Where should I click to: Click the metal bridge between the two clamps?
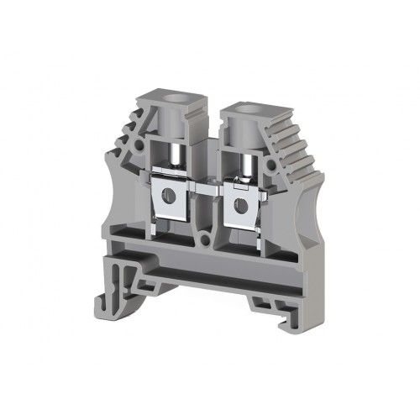tap(206, 178)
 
